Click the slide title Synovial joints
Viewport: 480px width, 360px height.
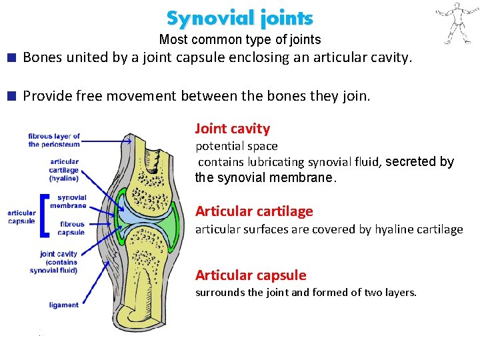click(239, 18)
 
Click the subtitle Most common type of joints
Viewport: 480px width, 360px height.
click(239, 40)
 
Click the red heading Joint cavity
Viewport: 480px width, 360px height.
click(232, 129)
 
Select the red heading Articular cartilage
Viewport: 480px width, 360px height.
click(253, 211)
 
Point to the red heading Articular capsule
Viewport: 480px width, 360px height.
click(250, 275)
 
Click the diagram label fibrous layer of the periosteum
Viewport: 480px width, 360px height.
click(54, 140)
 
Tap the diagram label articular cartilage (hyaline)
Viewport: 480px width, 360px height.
click(63, 170)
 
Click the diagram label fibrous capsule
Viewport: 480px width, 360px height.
click(71, 228)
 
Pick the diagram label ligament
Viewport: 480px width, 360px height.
click(64, 305)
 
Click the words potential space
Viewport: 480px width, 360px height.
click(236, 146)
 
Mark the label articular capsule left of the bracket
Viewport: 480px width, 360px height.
click(21, 217)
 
